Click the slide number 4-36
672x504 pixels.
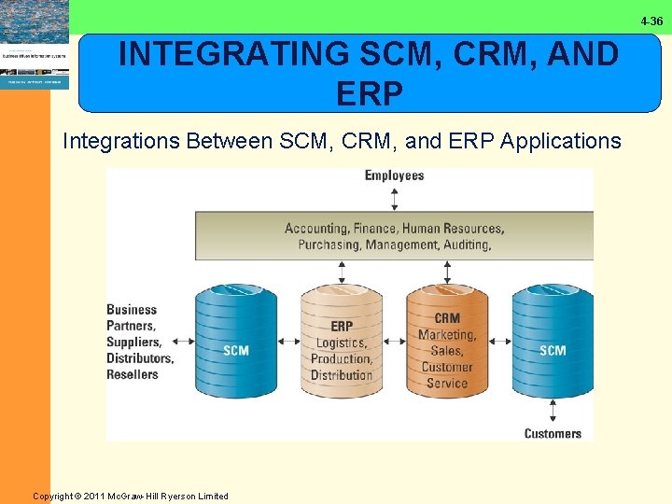point(651,21)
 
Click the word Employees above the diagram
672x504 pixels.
point(394,175)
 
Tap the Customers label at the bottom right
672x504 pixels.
point(553,433)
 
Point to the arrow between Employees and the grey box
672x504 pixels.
point(394,198)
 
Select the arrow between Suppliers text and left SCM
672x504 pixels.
point(183,341)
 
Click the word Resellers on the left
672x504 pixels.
point(133,374)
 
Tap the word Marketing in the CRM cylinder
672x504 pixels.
point(447,335)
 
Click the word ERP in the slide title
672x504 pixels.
point(368,93)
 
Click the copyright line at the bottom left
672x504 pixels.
point(131,496)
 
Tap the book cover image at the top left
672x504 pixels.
point(35,44)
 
